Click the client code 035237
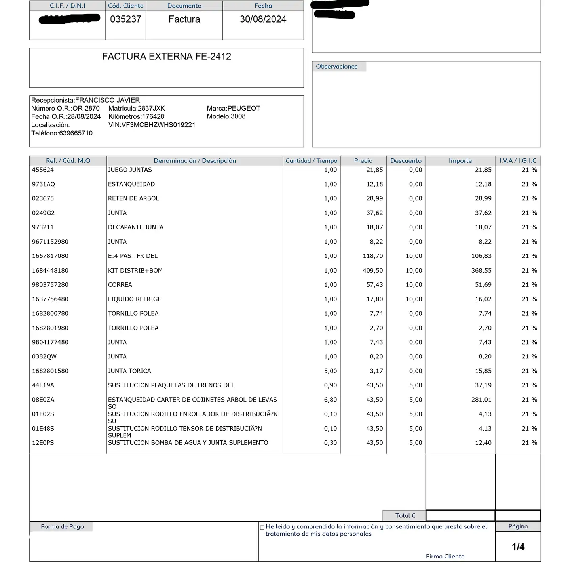pos(125,19)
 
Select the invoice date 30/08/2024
pos(263,19)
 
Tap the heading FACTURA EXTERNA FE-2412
pos(167,57)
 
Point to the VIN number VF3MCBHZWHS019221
pos(152,125)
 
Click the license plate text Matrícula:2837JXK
pos(137,108)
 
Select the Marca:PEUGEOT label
pos(234,108)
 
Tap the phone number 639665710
pos(76,133)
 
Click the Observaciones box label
pos(336,67)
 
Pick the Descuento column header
pos(406,161)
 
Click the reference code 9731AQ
pos(44,184)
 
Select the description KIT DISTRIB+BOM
pos(135,271)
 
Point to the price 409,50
pos(373,271)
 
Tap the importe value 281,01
pos(481,400)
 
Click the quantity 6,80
pos(331,400)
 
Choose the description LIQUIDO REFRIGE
pos(135,299)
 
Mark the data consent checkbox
pos(262,527)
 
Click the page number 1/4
pos(518,547)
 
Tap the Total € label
pos(405,516)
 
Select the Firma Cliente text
pos(445,557)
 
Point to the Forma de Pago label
pos(62,527)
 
